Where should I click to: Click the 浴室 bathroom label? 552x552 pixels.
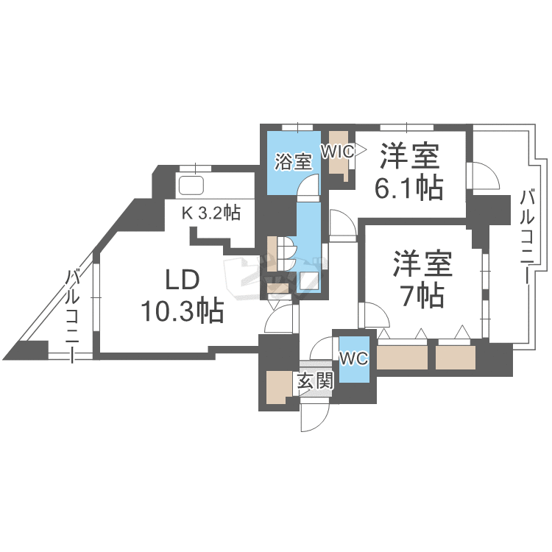coord(293,161)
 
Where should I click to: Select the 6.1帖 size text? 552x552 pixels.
coord(409,188)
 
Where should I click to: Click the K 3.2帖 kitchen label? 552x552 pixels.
coord(211,213)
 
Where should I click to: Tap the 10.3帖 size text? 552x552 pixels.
coord(183,312)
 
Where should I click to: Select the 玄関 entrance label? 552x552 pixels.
coord(315,381)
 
